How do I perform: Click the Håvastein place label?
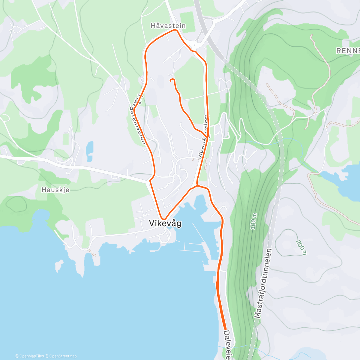click(168, 26)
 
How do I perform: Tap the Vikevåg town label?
click(165, 223)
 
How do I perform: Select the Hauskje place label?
click(55, 190)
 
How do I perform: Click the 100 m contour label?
click(254, 222)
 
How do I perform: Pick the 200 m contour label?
click(301, 247)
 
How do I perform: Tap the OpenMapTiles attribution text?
click(29, 356)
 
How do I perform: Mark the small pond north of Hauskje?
click(89, 148)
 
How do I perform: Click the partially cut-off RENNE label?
click(348, 51)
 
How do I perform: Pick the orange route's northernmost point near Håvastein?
click(174, 30)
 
